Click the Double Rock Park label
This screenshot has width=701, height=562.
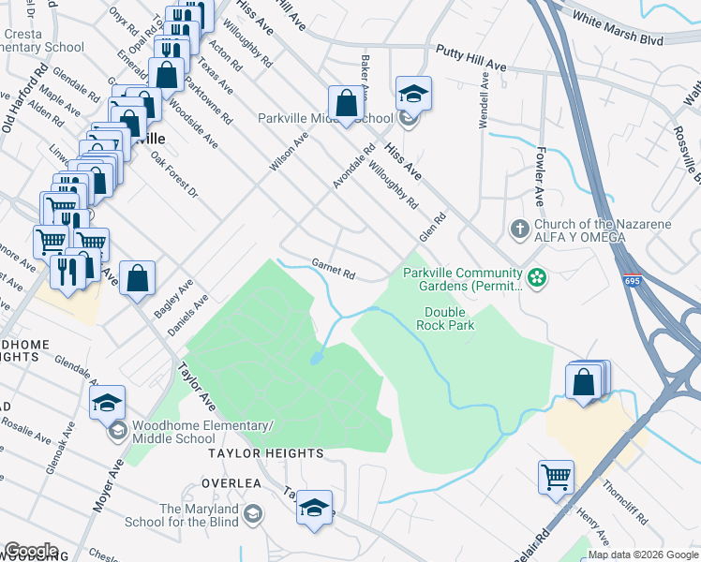pyautogui.click(x=449, y=318)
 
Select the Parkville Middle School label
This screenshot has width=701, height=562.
pyautogui.click(x=325, y=119)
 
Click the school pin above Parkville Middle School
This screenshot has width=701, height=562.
pyautogui.click(x=412, y=95)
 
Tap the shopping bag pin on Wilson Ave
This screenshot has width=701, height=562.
pyautogui.click(x=346, y=103)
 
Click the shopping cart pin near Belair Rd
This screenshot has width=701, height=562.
pyautogui.click(x=556, y=477)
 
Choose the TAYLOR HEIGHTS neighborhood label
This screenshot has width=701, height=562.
pyautogui.click(x=265, y=453)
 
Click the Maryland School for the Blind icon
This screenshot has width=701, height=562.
pyautogui.click(x=253, y=514)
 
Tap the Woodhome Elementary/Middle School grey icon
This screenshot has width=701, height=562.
pyautogui.click(x=118, y=431)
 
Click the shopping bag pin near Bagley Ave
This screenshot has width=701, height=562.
pyautogui.click(x=137, y=277)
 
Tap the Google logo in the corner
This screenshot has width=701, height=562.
pyautogui.click(x=31, y=551)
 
